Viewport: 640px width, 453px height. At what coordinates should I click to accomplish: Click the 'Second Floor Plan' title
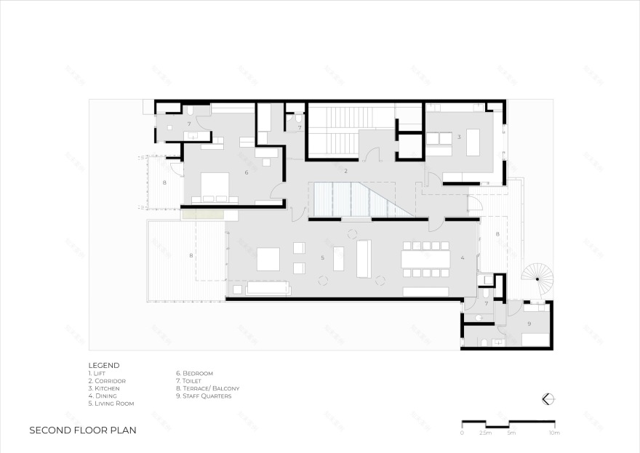[x=82, y=430]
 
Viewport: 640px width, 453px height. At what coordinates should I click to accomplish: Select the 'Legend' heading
[x=104, y=365]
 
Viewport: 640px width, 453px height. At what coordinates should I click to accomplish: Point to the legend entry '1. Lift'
[x=97, y=373]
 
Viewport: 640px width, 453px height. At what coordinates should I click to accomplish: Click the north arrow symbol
[x=548, y=398]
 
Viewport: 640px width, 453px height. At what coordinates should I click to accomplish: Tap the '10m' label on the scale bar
[x=553, y=433]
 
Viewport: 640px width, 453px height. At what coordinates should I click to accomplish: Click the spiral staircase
[x=537, y=278]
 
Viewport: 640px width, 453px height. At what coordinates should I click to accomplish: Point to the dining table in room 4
[x=425, y=260]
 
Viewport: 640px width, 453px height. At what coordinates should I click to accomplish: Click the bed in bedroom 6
[x=214, y=186]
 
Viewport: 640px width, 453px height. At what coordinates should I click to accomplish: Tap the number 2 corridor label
[x=345, y=171]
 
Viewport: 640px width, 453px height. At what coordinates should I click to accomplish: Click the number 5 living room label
[x=322, y=257]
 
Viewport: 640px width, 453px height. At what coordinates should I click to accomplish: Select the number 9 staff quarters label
[x=529, y=323]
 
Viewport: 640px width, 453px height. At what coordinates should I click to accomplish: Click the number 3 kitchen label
[x=459, y=136]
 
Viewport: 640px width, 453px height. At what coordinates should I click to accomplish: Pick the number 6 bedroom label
[x=247, y=172]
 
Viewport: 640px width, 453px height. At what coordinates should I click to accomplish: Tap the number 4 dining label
[x=462, y=257]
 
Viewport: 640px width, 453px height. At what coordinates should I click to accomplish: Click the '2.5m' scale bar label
[x=485, y=433]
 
